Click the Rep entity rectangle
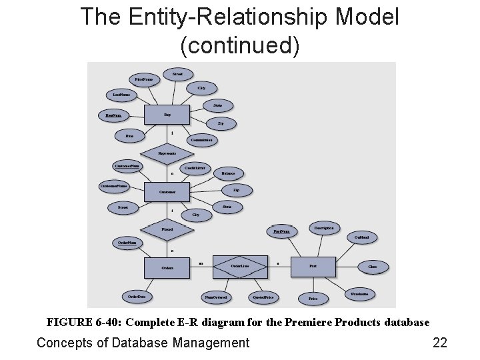click(x=167, y=115)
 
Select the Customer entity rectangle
click(x=167, y=192)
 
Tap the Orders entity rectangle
click(x=167, y=268)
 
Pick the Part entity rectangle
click(x=313, y=266)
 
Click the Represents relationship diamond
click(x=167, y=153)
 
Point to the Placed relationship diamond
click(x=167, y=229)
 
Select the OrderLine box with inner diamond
click(x=240, y=266)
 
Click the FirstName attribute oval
click(x=143, y=79)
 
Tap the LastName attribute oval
click(x=121, y=95)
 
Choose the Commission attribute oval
click(x=201, y=140)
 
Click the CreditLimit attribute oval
click(x=194, y=168)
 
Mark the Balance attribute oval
click(x=228, y=173)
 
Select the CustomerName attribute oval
click(x=114, y=185)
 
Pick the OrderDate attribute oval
click(x=137, y=296)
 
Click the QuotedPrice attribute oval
click(x=263, y=297)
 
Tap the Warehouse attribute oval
click(x=359, y=293)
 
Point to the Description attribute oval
click(x=324, y=228)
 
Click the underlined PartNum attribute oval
click(x=282, y=231)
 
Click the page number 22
click(x=440, y=343)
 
